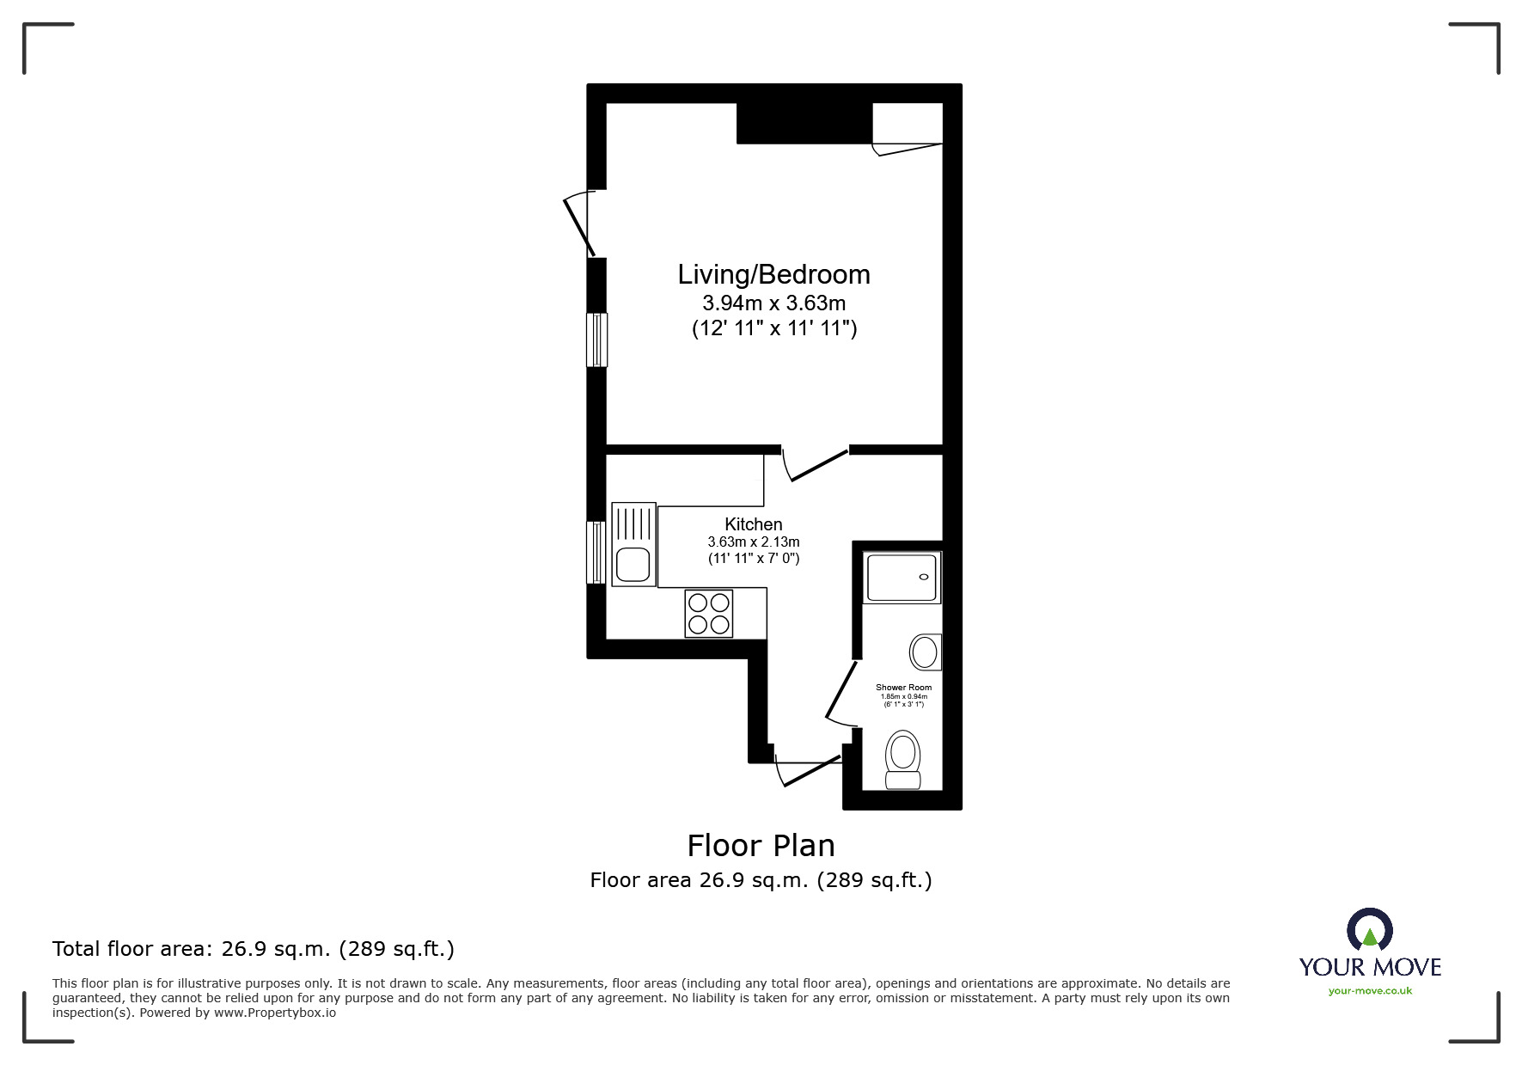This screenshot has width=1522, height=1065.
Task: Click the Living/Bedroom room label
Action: (x=773, y=274)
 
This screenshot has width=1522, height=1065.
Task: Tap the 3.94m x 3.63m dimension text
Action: (x=773, y=303)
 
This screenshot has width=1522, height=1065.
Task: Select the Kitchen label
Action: (x=753, y=524)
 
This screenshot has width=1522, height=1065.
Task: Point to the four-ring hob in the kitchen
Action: (x=709, y=613)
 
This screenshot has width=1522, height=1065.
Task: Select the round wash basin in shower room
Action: (x=925, y=652)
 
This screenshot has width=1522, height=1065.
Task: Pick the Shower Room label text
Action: (x=903, y=688)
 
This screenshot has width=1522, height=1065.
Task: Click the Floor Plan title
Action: (x=761, y=846)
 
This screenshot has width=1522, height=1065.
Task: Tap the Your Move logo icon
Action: (x=1369, y=931)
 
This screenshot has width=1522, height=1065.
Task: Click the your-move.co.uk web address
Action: (x=1370, y=991)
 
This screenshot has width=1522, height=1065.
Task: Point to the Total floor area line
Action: (x=253, y=949)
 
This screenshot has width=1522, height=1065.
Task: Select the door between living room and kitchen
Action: (x=816, y=465)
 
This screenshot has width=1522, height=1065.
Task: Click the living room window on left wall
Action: (x=596, y=340)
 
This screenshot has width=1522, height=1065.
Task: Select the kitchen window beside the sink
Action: (x=596, y=552)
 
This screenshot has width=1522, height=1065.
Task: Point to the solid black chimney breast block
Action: (x=804, y=123)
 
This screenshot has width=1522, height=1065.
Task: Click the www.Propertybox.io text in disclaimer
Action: (x=274, y=1013)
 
